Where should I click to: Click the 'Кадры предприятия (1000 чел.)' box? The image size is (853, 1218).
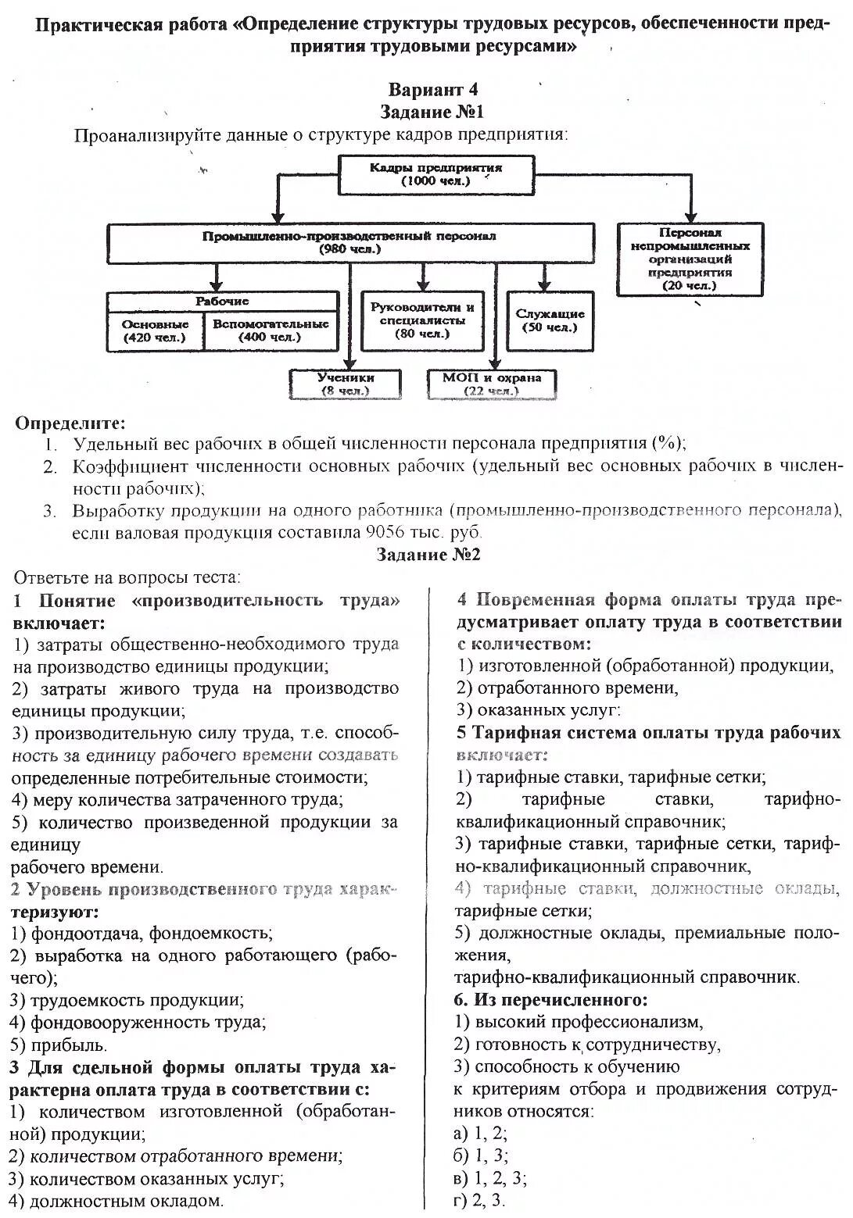pyautogui.click(x=436, y=174)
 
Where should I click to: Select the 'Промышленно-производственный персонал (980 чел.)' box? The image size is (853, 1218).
pyautogui.click(x=349, y=243)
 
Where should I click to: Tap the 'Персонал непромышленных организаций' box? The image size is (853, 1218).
pyautogui.click(x=690, y=259)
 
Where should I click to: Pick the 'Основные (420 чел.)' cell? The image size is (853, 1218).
pyautogui.click(x=155, y=331)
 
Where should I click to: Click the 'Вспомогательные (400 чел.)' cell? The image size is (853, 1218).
pyautogui.click(x=271, y=331)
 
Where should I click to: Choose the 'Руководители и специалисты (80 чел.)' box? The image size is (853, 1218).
pyautogui.click(x=422, y=320)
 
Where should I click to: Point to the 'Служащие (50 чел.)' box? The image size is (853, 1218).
pyautogui.click(x=550, y=320)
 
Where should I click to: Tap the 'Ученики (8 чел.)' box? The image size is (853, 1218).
pyautogui.click(x=345, y=384)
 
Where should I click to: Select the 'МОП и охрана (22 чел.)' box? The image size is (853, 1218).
pyautogui.click(x=491, y=384)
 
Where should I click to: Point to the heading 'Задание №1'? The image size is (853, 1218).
pyautogui.click(x=432, y=112)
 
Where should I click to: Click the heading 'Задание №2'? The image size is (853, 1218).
pyautogui.click(x=428, y=554)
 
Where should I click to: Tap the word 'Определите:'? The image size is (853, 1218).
pyautogui.click(x=70, y=423)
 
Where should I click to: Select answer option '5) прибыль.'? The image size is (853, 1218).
pyautogui.click(x=59, y=1045)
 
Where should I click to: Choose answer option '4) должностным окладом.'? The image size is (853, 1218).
pyautogui.click(x=116, y=1201)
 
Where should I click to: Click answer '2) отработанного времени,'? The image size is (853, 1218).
pyautogui.click(x=568, y=688)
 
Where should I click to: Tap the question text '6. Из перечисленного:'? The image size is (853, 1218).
pyautogui.click(x=551, y=999)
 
